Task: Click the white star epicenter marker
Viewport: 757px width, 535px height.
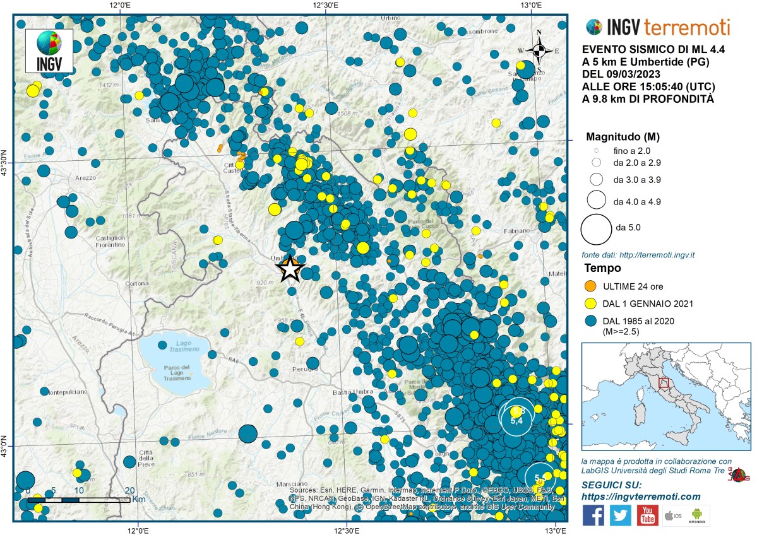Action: [x=289, y=269]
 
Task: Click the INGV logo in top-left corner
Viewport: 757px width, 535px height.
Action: [x=49, y=50]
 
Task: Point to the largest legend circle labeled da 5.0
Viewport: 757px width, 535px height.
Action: [x=596, y=229]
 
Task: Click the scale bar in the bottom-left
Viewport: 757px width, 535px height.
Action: [x=79, y=499]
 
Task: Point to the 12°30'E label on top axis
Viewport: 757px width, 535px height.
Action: [x=325, y=6]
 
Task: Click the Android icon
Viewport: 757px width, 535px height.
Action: [x=698, y=515]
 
